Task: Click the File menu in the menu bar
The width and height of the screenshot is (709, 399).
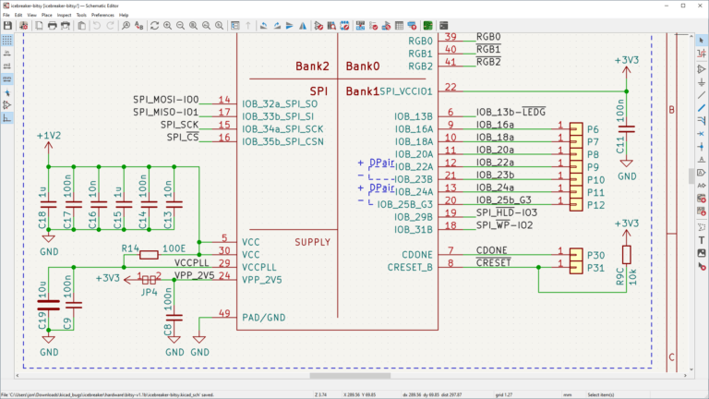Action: [8, 15]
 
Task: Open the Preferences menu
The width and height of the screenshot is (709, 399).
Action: [102, 15]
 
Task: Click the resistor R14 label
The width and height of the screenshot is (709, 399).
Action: [131, 249]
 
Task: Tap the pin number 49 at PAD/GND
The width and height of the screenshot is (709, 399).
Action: [224, 314]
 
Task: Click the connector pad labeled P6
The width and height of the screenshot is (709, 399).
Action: [594, 130]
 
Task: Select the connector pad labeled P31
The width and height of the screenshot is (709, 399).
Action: [595, 269]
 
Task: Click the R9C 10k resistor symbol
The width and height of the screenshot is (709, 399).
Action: [627, 256]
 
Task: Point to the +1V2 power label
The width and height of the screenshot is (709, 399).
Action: [49, 136]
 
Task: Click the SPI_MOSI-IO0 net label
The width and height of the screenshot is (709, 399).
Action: [166, 99]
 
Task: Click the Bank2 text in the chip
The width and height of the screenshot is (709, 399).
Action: [312, 66]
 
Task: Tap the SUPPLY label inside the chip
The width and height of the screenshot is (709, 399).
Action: [312, 242]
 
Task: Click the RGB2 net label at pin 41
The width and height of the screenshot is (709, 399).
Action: [488, 62]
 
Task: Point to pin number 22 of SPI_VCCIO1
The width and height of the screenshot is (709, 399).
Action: [451, 87]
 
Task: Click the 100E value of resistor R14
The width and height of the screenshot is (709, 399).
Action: [174, 249]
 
